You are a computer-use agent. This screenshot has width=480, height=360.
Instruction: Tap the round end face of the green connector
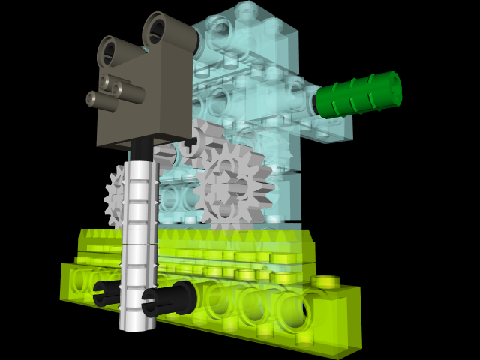391,89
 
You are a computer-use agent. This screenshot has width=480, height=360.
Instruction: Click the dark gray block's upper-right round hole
158,32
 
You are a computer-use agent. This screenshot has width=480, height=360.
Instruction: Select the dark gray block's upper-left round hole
110,52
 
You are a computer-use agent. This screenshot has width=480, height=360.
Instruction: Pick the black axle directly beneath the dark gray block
142,151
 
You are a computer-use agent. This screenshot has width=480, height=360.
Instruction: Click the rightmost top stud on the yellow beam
325,281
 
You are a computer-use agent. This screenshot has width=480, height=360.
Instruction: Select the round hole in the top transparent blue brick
220,33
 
